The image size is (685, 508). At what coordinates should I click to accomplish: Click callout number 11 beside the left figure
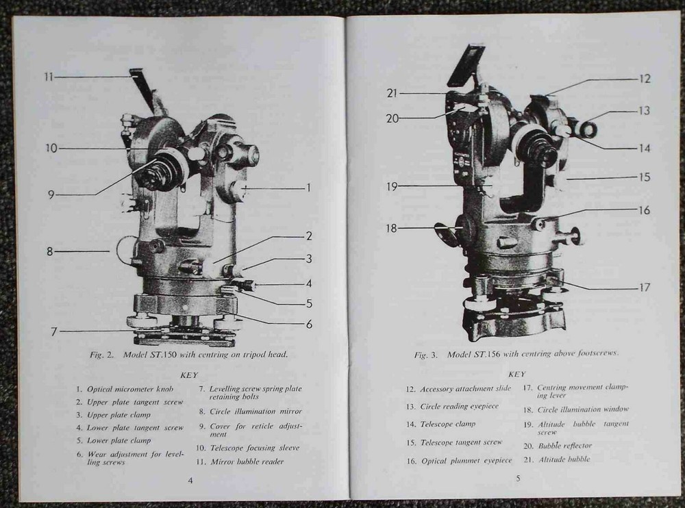coord(48,77)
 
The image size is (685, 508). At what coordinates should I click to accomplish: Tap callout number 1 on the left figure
coord(309,188)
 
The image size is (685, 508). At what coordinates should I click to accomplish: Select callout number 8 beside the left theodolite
coord(49,251)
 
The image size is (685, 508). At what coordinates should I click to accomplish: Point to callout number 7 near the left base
coord(53,331)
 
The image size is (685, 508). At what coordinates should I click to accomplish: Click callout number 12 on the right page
coord(645,79)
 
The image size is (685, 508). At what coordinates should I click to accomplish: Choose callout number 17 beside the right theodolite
coord(644,288)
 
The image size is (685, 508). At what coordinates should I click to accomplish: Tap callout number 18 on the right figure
coord(391,228)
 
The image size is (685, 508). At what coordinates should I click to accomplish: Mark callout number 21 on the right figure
coord(391,93)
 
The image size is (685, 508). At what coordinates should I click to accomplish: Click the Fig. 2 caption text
coord(188,355)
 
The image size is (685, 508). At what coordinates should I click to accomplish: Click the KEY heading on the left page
coord(189,374)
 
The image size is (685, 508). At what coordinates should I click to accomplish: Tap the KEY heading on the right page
coord(517,374)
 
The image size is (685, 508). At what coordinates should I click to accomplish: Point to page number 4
coord(190,480)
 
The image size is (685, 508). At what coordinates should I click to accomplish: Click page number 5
coord(518,478)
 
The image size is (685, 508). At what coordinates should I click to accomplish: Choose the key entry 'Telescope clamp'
coord(447,424)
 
